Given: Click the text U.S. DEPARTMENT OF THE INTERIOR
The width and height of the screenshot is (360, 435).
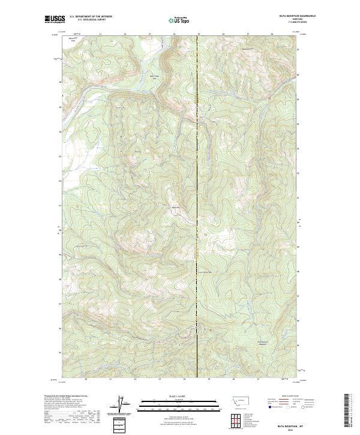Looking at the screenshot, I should pyautogui.click(x=91, y=17).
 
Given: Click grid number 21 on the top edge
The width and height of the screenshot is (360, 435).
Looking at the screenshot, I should pyautogui.click(x=101, y=34).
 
